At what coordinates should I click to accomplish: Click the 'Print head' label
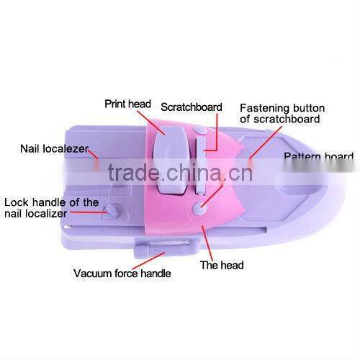(127, 104)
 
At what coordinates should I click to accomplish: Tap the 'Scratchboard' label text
(192, 107)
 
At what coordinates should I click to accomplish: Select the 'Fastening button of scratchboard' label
(282, 114)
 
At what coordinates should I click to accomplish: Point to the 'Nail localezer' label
(54, 149)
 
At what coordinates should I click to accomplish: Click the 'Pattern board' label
(319, 156)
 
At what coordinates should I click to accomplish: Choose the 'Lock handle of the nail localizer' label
(51, 208)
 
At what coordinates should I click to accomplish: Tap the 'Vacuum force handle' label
(122, 274)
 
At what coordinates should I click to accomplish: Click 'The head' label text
(222, 265)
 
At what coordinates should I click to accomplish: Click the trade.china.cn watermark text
(180, 172)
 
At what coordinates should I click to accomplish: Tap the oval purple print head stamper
(170, 160)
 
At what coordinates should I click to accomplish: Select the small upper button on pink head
(200, 130)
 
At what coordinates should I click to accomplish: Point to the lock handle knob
(112, 211)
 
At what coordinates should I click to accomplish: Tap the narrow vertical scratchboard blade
(201, 166)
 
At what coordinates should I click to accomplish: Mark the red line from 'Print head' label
(151, 122)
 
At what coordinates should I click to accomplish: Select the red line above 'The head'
(207, 243)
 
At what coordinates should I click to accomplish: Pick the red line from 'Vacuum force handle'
(148, 261)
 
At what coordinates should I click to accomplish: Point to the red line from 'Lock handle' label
(89, 212)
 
